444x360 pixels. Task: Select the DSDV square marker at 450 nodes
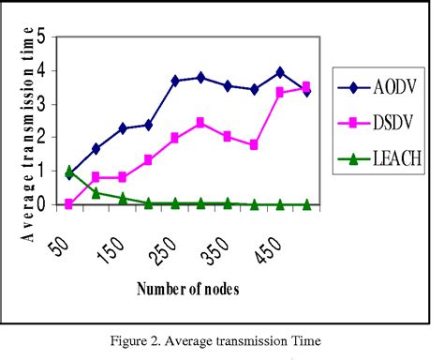tap(280, 92)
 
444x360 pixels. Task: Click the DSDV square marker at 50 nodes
tap(69, 202)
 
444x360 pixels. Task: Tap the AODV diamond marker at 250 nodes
tap(174, 82)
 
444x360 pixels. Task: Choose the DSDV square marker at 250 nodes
tap(174, 138)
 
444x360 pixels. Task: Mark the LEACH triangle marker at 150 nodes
tap(122, 198)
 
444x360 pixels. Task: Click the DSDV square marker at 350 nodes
tap(227, 136)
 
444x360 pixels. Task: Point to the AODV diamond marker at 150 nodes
tap(122, 128)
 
